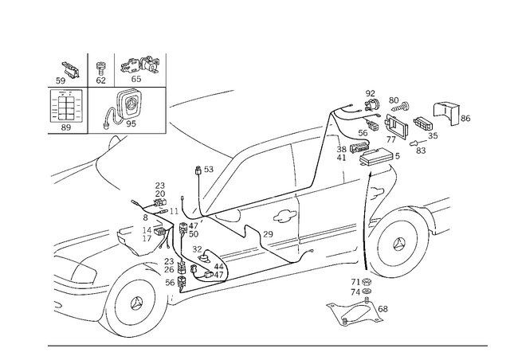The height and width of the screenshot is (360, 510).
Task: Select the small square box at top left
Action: point(66,105)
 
